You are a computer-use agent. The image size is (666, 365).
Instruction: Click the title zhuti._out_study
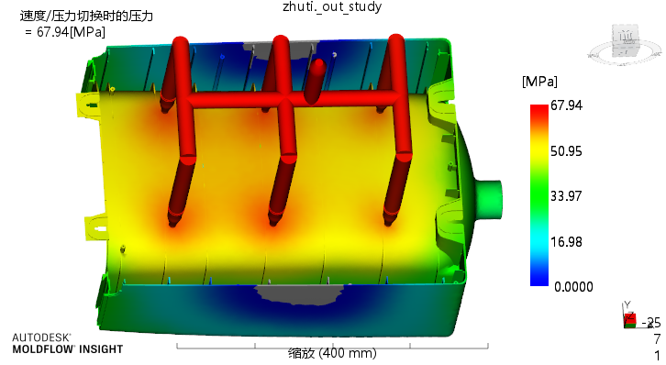click(332, 6)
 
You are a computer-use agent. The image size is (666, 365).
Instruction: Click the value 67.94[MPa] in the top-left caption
click(71, 32)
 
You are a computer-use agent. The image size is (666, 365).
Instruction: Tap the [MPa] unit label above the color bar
click(539, 81)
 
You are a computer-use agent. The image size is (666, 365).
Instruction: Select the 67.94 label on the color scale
click(566, 105)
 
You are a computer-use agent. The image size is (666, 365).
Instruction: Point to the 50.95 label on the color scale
click(566, 151)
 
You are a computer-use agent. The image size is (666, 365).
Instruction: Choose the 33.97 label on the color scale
click(566, 196)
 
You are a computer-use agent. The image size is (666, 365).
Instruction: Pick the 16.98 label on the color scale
click(566, 242)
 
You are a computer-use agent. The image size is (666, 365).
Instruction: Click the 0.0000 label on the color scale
click(573, 287)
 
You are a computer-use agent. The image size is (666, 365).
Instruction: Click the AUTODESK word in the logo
click(40, 337)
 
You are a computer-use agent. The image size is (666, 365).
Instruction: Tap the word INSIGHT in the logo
click(101, 349)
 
